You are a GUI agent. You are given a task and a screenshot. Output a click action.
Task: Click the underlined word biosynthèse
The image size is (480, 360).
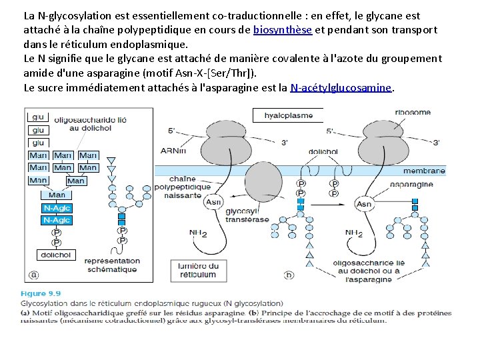tap(283, 30)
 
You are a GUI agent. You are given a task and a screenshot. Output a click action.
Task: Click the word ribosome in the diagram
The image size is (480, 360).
tap(413, 113)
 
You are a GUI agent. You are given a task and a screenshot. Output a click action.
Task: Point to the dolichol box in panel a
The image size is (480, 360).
tap(56, 255)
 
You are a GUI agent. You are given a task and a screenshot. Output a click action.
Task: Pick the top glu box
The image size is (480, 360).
tap(38, 117)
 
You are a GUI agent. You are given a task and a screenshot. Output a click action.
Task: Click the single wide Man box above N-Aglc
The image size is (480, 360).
tap(57, 195)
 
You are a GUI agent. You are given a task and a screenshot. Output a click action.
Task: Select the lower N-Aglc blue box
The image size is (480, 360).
tap(57, 220)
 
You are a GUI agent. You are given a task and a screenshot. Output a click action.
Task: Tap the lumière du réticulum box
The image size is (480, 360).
tap(197, 269)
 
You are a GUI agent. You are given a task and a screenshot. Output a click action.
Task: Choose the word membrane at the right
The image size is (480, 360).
tap(423, 171)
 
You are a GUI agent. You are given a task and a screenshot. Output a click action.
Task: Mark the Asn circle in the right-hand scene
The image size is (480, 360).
tap(364, 204)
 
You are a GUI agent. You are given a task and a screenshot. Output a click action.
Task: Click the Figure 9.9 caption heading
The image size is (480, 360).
tap(43, 293)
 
